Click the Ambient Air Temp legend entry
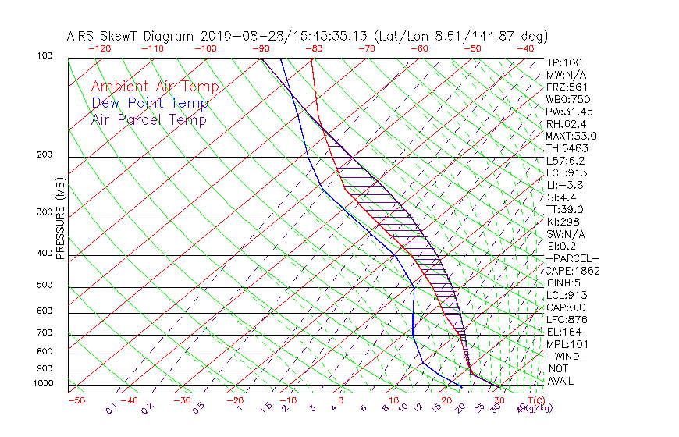coord(155,87)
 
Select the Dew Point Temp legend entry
coord(150,103)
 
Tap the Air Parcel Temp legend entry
coord(148,119)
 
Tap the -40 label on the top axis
coord(525,48)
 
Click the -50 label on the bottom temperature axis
coord(76,400)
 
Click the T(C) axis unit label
coord(536,400)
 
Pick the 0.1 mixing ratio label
coord(112,407)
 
